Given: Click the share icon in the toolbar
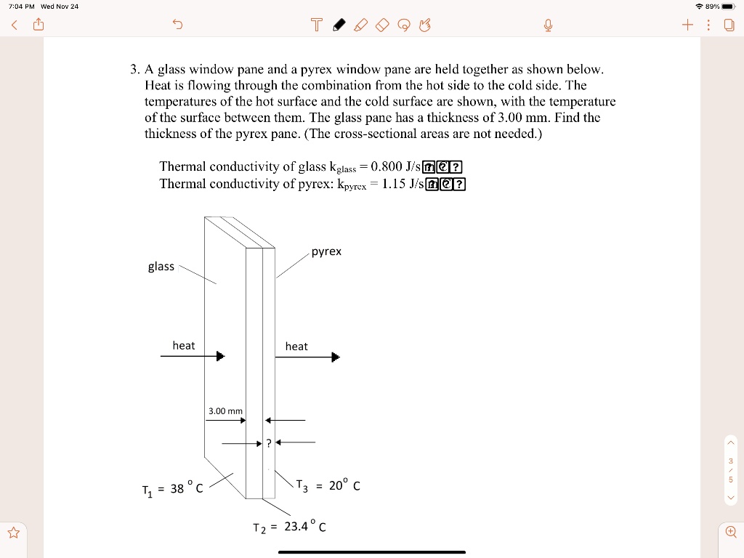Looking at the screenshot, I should click(39, 26).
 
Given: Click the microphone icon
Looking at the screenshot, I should click(549, 26).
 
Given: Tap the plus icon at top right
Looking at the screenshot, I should click(687, 26).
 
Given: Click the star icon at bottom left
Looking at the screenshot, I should click(13, 533).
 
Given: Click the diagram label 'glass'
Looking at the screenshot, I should click(161, 267).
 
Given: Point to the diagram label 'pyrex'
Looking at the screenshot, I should click(326, 251).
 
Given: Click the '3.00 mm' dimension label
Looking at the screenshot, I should click(225, 411).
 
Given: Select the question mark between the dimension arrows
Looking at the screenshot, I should click(268, 442).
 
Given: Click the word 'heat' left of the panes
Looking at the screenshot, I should click(183, 346).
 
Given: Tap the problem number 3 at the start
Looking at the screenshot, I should click(134, 70).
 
